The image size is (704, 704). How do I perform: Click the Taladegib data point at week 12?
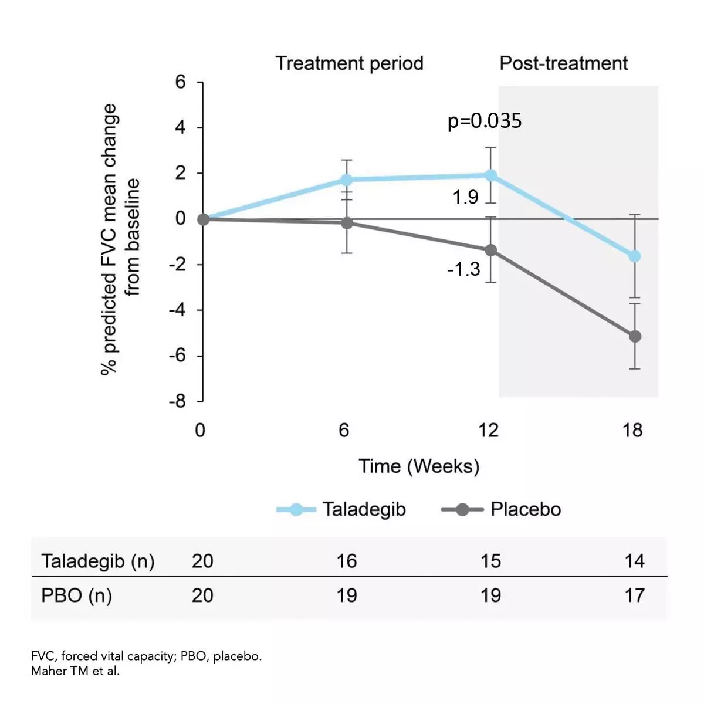(491, 175)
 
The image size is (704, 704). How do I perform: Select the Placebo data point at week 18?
(635, 336)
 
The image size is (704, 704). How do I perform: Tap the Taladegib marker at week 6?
(347, 180)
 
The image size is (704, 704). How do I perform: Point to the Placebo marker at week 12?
(491, 251)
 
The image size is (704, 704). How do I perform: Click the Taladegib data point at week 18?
(635, 256)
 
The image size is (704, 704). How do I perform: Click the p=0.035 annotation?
(485, 121)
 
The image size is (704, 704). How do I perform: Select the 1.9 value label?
(465, 198)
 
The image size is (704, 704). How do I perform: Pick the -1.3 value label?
(463, 269)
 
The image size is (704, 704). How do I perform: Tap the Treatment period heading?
(350, 63)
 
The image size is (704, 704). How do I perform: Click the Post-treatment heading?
(563, 63)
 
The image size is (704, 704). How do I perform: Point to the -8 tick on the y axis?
(177, 402)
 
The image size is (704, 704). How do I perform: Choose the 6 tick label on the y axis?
(180, 82)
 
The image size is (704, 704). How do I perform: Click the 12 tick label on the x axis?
(488, 431)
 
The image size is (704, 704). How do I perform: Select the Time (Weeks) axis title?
(419, 466)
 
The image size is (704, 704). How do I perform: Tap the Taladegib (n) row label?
(98, 561)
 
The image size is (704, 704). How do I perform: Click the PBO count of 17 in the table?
(635, 596)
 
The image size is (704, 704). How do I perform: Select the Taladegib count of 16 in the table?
(347, 561)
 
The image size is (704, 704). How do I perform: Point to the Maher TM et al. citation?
(75, 671)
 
